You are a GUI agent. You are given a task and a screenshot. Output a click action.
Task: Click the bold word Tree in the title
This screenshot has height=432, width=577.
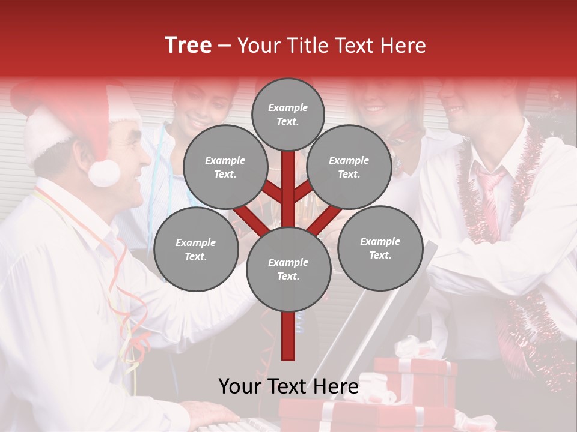click(188, 46)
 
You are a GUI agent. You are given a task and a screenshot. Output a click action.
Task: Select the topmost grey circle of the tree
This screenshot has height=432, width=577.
click(288, 114)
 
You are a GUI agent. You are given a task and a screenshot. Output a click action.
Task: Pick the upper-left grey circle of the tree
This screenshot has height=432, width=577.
click(225, 167)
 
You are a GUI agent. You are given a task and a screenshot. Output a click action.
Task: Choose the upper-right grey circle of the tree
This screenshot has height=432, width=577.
click(349, 167)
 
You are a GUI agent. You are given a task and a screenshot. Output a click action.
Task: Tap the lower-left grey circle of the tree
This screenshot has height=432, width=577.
click(196, 249)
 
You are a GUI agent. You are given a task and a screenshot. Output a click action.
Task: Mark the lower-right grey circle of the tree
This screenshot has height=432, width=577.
click(380, 248)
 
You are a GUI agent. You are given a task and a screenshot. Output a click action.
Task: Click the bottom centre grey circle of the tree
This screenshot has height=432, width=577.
click(288, 269)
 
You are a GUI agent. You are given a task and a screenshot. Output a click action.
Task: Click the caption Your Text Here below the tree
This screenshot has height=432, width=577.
click(288, 386)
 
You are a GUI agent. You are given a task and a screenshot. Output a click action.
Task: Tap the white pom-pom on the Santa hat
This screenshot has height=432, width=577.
click(104, 172)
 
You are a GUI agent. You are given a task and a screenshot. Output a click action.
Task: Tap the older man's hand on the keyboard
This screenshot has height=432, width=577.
click(210, 414)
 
